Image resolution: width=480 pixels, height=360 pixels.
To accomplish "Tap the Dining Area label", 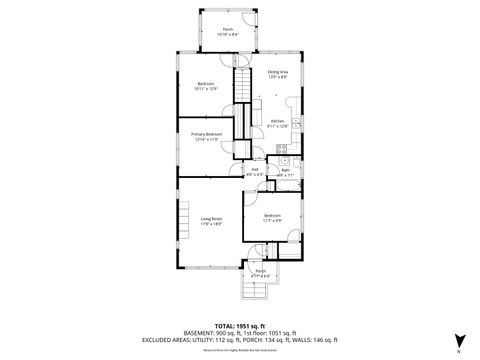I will pyautogui.click(x=278, y=74).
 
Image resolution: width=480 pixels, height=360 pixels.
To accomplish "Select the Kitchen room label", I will pyautogui.click(x=278, y=125).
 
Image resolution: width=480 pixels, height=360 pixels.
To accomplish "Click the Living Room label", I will pyautogui.click(x=210, y=221).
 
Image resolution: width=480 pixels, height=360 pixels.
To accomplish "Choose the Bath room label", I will pyautogui.click(x=284, y=172).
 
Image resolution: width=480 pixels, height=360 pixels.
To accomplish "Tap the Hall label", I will pyautogui.click(x=254, y=172).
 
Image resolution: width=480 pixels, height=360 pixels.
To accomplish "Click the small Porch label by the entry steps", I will pyautogui.click(x=260, y=273).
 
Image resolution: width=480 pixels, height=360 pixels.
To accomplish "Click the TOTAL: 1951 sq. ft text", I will pyautogui.click(x=238, y=326).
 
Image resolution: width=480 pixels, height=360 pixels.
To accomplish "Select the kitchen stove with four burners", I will pyautogui.click(x=283, y=153).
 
